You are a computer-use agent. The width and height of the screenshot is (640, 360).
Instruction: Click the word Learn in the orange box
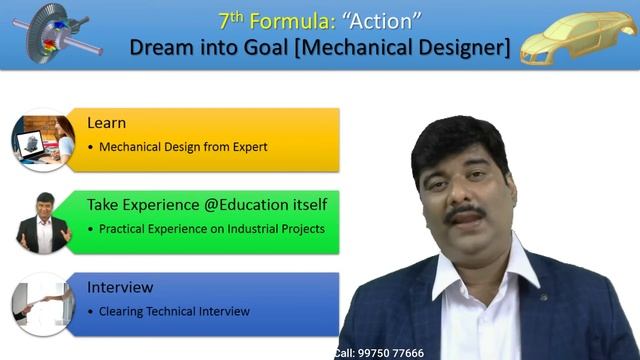(x=106, y=123)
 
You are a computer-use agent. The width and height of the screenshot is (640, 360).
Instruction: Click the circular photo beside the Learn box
(x=42, y=140)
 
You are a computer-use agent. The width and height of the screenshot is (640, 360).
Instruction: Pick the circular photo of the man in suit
(x=42, y=221)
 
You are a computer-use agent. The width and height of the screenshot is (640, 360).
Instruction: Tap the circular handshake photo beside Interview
(x=42, y=302)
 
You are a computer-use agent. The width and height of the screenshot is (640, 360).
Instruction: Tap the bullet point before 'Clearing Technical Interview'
(x=90, y=311)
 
